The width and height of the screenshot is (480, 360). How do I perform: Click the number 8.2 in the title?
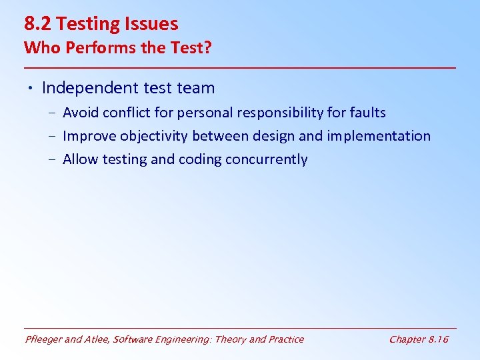39,25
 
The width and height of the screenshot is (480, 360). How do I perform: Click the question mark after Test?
207,49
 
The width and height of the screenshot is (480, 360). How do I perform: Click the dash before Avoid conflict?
52,113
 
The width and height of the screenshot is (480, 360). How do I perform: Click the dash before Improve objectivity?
52,137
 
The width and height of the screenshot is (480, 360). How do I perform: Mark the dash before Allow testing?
52,160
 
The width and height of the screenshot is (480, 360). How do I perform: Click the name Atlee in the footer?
97,339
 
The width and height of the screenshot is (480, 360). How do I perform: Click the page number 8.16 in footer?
437,339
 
